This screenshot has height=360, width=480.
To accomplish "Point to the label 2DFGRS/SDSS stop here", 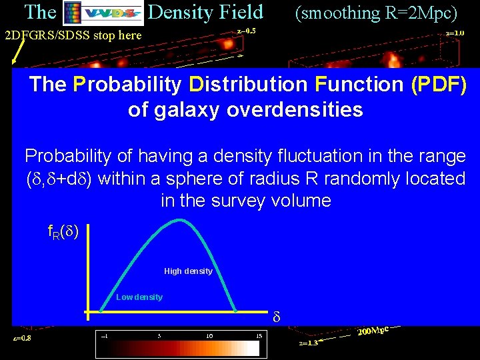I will click(73, 35).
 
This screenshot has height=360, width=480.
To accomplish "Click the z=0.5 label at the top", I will click(246, 31).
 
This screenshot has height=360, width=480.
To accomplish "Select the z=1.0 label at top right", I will click(455, 32).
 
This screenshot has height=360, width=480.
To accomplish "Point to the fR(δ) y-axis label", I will click(63, 232).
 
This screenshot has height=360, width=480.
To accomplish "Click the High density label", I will click(188, 271).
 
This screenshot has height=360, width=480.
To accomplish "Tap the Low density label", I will click(139, 297).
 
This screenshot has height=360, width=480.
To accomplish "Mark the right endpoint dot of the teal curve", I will click(235, 310).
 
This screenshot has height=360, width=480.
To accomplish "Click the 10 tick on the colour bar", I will click(209, 335).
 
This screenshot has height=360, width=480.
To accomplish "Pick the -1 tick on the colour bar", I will click(104, 335).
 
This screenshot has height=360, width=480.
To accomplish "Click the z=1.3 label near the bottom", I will click(309, 343).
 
